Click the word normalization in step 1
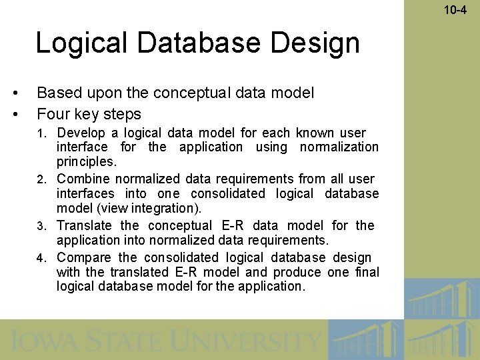tap(339, 147)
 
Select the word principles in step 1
tap(85, 162)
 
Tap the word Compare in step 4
tap(84, 257)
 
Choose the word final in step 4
tap(367, 272)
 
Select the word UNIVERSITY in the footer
tap(247, 342)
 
